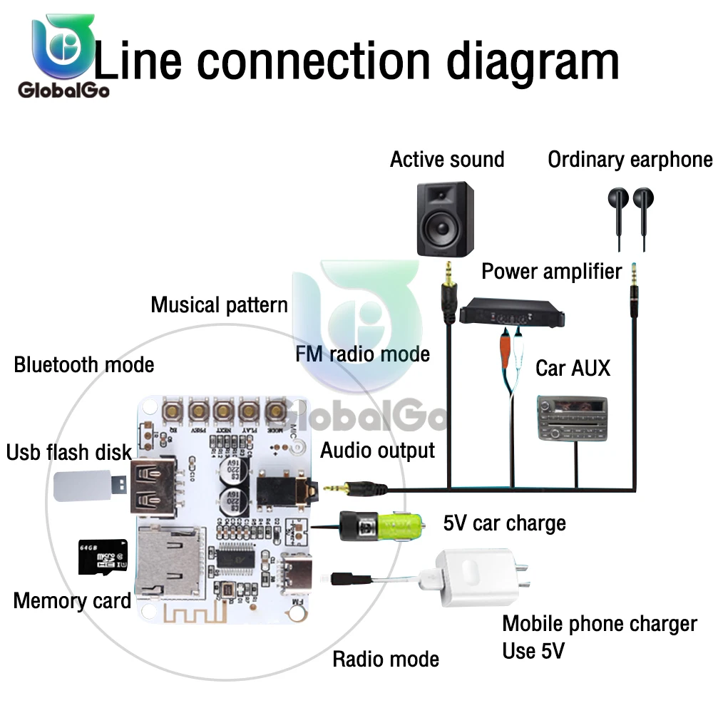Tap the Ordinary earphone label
click(x=630, y=160)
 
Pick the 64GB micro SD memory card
click(x=97, y=557)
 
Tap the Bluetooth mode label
click(x=84, y=365)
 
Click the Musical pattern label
click(x=219, y=305)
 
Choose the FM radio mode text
click(x=363, y=354)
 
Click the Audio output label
click(x=377, y=451)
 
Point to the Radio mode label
click(x=386, y=659)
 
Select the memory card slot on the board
click(x=169, y=560)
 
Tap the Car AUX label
click(x=573, y=368)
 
